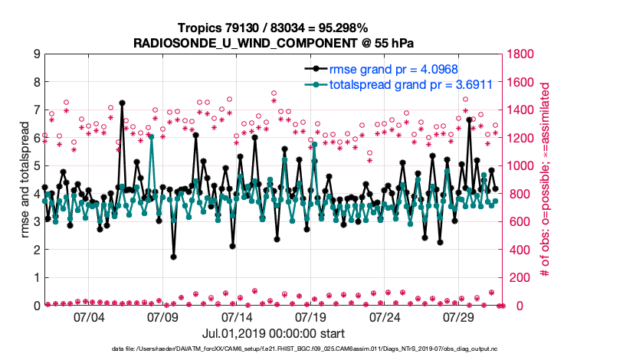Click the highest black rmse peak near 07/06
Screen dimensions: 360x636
click(122, 103)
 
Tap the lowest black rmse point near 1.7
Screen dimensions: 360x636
click(173, 257)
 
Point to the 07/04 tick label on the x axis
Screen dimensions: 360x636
click(89, 317)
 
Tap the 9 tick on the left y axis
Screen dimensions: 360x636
click(37, 54)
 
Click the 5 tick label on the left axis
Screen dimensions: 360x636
click(37, 165)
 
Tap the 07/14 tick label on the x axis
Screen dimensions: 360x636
click(237, 317)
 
